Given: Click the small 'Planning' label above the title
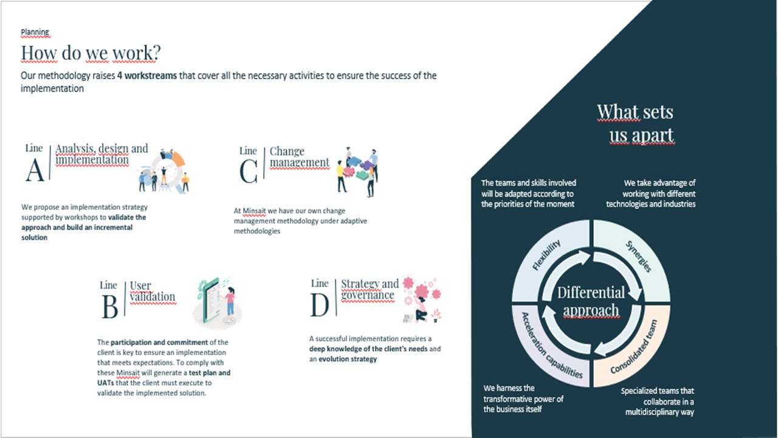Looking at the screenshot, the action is point(35,32).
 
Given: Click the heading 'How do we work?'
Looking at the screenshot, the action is point(91,53).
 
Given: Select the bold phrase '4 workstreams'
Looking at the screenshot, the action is point(147,75).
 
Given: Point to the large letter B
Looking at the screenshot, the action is point(110,307).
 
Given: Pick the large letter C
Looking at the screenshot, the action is point(249,172).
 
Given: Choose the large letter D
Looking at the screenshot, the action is point(320,305).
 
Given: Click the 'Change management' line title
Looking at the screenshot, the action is point(300,157).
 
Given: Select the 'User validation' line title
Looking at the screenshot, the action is point(153,291).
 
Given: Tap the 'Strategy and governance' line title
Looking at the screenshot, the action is point(370,289).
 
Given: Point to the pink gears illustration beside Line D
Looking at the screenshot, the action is point(422,299).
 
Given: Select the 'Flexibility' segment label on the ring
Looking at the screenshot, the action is point(546,254).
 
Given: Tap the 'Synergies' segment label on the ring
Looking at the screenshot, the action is point(638,256).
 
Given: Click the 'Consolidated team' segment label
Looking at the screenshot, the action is point(634,347).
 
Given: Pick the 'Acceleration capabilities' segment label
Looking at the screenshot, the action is point(552,345).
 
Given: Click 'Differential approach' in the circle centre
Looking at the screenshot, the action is point(591,301).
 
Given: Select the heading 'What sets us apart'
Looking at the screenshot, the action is point(636,123).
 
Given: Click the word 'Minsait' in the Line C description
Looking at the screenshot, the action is point(254,210).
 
